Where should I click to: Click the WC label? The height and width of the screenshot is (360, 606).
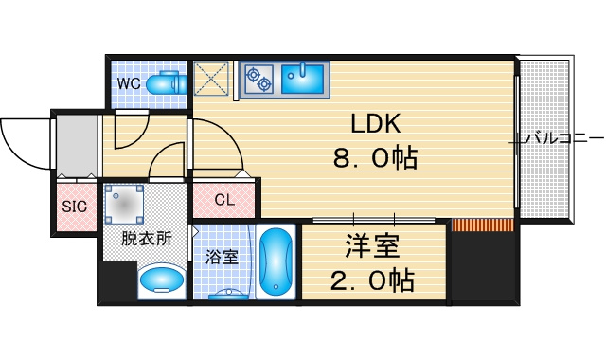129,83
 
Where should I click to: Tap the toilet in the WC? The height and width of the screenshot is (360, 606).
167,82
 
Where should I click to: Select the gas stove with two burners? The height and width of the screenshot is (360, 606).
258,79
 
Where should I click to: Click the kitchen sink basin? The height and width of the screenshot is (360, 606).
303,79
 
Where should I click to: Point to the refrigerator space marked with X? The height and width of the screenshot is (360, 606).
211,79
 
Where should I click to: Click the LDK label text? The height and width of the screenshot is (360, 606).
375,124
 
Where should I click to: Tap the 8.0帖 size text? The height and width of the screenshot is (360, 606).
375,157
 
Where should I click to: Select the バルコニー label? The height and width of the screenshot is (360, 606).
563,138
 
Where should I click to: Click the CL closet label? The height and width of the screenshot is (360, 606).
224,200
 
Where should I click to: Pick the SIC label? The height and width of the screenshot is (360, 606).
74,207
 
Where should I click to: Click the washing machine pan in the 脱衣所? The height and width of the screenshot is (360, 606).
124,205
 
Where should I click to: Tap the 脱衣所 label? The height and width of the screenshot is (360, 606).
147,238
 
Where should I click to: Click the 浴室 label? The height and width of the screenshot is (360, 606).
222,257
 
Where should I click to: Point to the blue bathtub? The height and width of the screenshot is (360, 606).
276,261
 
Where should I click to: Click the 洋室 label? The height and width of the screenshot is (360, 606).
372,246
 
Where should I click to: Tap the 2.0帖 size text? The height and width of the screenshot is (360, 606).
372,280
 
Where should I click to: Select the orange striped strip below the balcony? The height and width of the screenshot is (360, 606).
483,225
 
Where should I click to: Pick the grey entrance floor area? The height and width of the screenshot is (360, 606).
78,146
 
